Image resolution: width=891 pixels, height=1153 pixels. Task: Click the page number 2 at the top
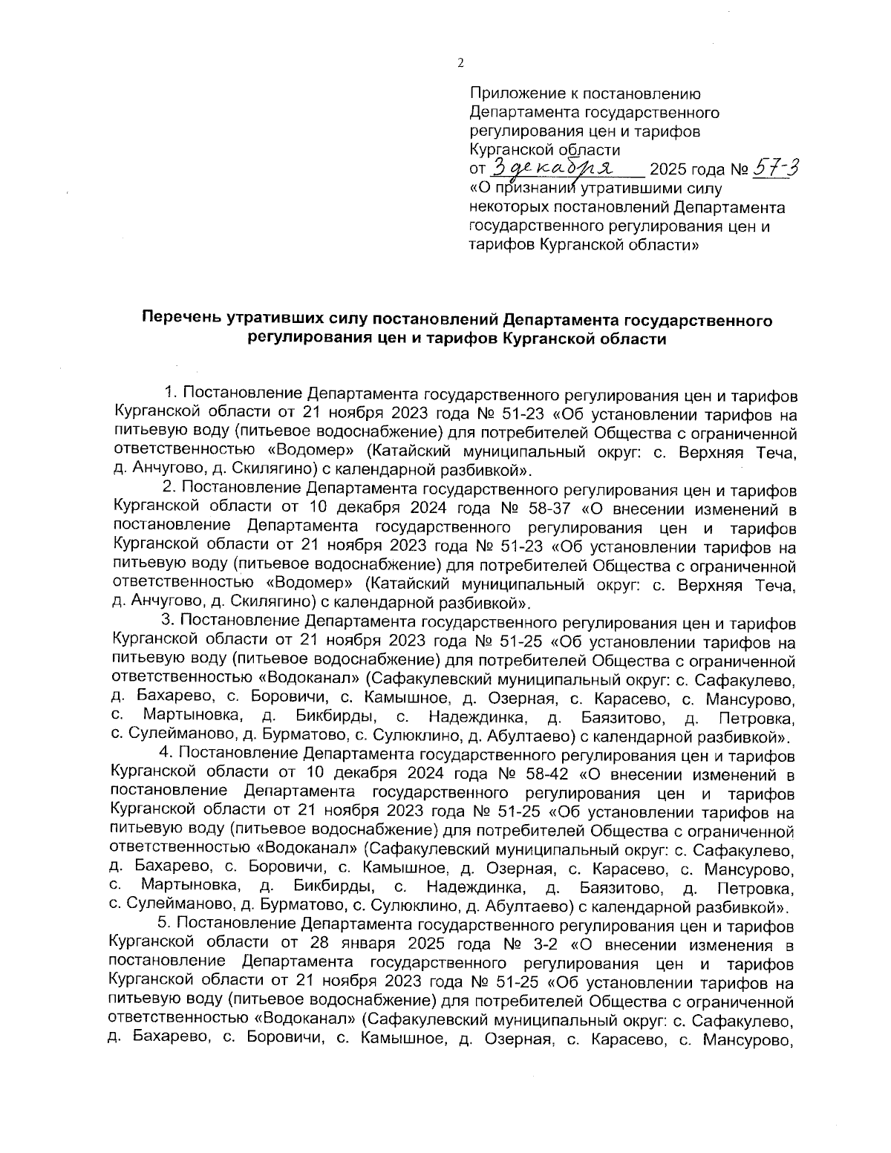coord(460,64)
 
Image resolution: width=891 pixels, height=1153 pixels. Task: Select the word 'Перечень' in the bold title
coord(180,320)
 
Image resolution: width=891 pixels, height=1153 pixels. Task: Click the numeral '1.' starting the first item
coord(169,393)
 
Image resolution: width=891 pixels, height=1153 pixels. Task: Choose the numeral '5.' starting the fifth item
coord(165,927)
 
